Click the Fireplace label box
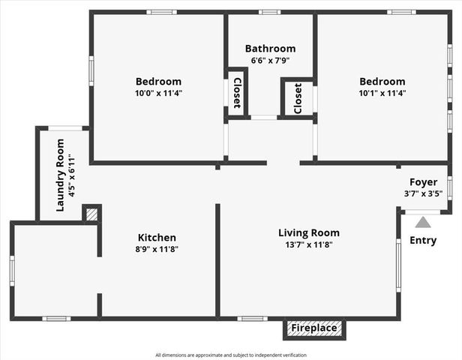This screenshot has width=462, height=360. pos(314,328)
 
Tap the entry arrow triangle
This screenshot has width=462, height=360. pos(423,222)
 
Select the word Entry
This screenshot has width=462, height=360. pos(423,241)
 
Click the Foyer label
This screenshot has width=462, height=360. pos(423,182)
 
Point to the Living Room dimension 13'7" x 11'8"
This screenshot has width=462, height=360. pos(309,245)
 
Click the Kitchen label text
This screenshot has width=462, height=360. pos(157,238)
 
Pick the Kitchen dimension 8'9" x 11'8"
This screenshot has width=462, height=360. pos(157,249)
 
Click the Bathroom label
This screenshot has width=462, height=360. pos(270,49)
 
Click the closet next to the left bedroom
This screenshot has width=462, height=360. pos(236,94)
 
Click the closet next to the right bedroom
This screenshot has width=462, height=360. pos(298,97)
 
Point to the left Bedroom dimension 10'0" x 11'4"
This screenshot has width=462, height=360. pos(158,94)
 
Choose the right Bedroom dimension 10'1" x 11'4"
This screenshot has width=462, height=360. pos(382,94)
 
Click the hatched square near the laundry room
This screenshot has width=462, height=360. pos(91,214)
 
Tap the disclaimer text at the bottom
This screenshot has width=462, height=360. pos(231,355)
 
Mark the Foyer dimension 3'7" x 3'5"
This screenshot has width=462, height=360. pos(423,193)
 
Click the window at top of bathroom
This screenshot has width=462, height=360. pos(270,12)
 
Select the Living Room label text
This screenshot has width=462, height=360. pos(309,232)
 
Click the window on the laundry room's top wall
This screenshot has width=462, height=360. pos(66,128)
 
